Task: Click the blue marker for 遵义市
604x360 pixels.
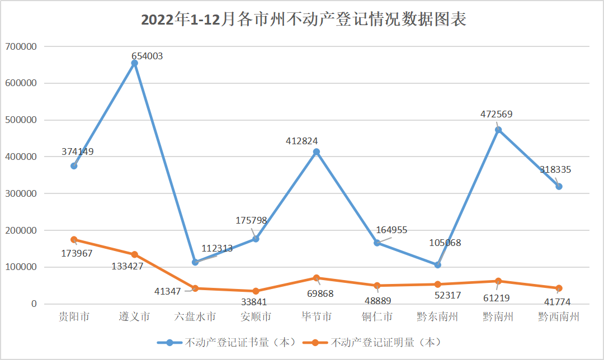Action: (x=134, y=63)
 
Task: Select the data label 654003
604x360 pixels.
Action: (x=147, y=56)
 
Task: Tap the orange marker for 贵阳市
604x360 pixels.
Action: (x=74, y=240)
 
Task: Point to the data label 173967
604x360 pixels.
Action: (x=77, y=253)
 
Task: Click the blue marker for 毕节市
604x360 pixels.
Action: (x=317, y=152)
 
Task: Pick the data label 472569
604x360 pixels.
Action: (x=497, y=115)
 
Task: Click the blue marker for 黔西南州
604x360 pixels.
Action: (x=559, y=187)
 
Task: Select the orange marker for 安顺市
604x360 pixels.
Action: (x=256, y=291)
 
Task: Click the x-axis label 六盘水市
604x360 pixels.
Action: (x=195, y=317)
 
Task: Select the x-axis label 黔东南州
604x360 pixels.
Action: (x=437, y=317)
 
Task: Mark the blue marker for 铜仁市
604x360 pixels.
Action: (x=377, y=243)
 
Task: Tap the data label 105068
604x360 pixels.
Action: (x=445, y=243)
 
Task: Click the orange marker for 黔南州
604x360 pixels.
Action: (x=498, y=281)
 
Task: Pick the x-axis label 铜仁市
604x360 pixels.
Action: (x=377, y=317)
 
